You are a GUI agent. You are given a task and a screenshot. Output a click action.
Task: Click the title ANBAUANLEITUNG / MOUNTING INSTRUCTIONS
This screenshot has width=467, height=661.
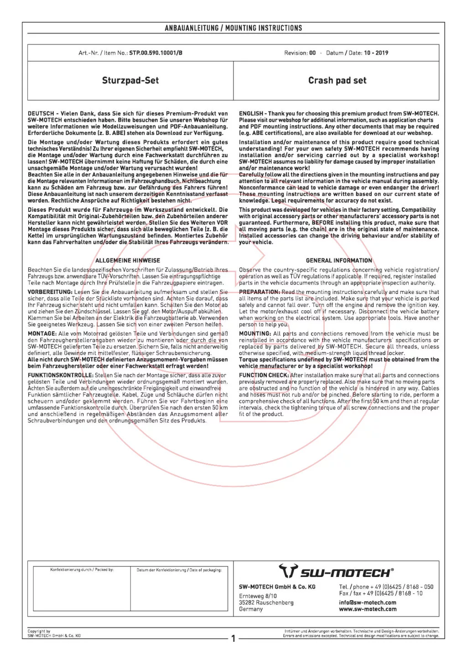(x=233, y=28)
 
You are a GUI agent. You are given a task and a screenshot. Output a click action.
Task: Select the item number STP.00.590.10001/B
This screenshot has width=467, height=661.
(x=156, y=53)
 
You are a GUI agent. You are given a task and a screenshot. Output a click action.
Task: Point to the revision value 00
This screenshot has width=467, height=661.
(x=312, y=53)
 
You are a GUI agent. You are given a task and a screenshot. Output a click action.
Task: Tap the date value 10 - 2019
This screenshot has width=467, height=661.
(x=376, y=53)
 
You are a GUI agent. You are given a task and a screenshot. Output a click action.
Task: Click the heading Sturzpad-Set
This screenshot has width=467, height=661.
(x=130, y=81)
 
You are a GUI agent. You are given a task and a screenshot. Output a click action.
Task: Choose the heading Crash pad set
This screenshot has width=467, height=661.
(x=337, y=81)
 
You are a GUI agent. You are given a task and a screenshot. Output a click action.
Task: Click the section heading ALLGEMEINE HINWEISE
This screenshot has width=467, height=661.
(x=128, y=261)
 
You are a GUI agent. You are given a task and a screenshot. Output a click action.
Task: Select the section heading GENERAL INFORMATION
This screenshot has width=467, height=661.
(x=339, y=261)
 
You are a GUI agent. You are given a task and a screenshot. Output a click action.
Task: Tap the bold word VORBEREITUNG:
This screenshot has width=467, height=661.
(x=50, y=292)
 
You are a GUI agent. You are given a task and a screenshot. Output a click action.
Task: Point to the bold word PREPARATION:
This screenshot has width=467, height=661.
(x=259, y=292)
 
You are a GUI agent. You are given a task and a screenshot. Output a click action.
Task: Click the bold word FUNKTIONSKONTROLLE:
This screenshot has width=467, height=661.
(x=61, y=375)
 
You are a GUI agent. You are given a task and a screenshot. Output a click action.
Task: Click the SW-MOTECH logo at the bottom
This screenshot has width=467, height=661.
(x=336, y=572)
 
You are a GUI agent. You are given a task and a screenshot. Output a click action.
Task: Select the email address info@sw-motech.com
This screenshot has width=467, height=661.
(x=368, y=603)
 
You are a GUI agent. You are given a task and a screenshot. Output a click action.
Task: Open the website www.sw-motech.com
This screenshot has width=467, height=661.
(x=368, y=609)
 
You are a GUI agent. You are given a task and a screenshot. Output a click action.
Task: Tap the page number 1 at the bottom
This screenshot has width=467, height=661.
(x=233, y=638)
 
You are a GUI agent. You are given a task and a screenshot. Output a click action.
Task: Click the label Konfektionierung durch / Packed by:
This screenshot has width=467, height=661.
(x=82, y=570)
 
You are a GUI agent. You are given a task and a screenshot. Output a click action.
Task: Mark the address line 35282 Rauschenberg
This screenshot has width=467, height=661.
(x=266, y=603)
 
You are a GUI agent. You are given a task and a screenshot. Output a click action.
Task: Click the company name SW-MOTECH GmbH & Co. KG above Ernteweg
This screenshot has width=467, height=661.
(x=277, y=587)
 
